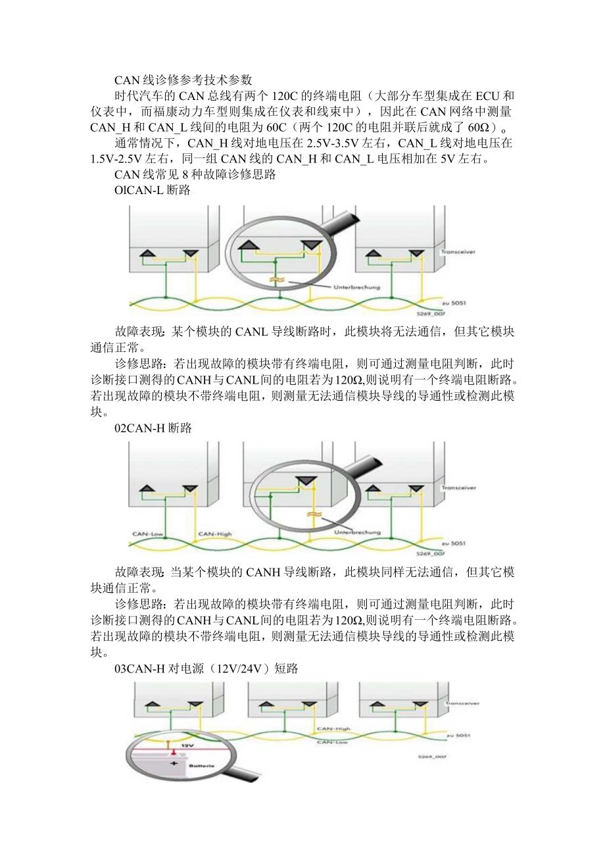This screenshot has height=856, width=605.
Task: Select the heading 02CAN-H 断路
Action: click(153, 428)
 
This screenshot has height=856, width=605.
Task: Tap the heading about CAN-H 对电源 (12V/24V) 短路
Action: click(206, 669)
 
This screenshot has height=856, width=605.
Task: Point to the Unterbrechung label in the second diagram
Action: click(358, 531)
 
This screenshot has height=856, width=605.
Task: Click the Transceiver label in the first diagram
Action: click(458, 251)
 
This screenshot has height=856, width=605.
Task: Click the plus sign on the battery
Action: click(174, 763)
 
